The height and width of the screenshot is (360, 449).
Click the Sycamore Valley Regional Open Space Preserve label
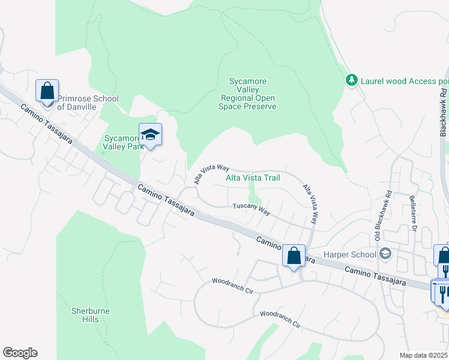(249, 94)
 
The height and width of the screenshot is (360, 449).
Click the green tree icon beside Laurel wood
(351, 80)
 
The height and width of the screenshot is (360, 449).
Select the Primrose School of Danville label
(88, 103)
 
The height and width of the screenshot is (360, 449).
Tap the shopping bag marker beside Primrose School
(47, 91)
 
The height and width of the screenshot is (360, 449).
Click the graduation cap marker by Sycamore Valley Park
(151, 135)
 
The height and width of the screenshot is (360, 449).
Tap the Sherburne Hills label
(89, 315)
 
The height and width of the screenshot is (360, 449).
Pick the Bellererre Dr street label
(412, 212)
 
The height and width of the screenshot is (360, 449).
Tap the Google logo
(20, 353)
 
